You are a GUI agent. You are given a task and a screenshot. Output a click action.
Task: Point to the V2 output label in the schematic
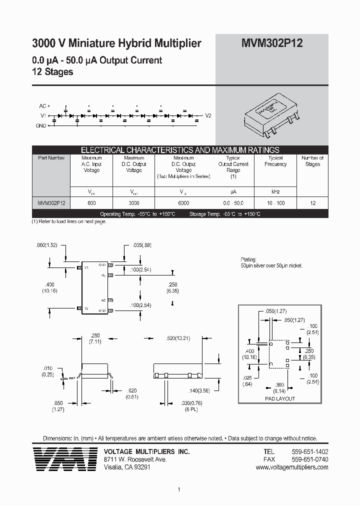(x=208, y=115)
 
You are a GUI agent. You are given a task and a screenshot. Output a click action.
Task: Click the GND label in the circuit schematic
(x=41, y=125)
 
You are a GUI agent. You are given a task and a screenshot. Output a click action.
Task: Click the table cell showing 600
(x=91, y=203)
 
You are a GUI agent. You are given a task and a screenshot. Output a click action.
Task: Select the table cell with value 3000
(x=133, y=203)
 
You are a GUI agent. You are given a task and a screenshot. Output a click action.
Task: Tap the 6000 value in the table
(x=183, y=203)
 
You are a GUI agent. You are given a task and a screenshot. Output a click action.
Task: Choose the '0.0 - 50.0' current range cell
(x=233, y=203)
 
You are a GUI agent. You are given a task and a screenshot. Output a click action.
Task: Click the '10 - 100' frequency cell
(x=275, y=203)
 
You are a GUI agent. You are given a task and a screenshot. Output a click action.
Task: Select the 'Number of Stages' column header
(x=312, y=161)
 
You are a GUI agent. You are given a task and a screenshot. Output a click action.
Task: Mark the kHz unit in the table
(x=275, y=191)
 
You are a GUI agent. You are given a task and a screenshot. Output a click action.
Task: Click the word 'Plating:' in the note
(x=248, y=260)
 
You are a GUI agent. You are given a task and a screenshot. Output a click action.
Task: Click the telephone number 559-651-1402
(x=309, y=451)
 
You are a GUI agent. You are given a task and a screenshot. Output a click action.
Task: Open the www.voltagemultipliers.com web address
(x=291, y=467)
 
